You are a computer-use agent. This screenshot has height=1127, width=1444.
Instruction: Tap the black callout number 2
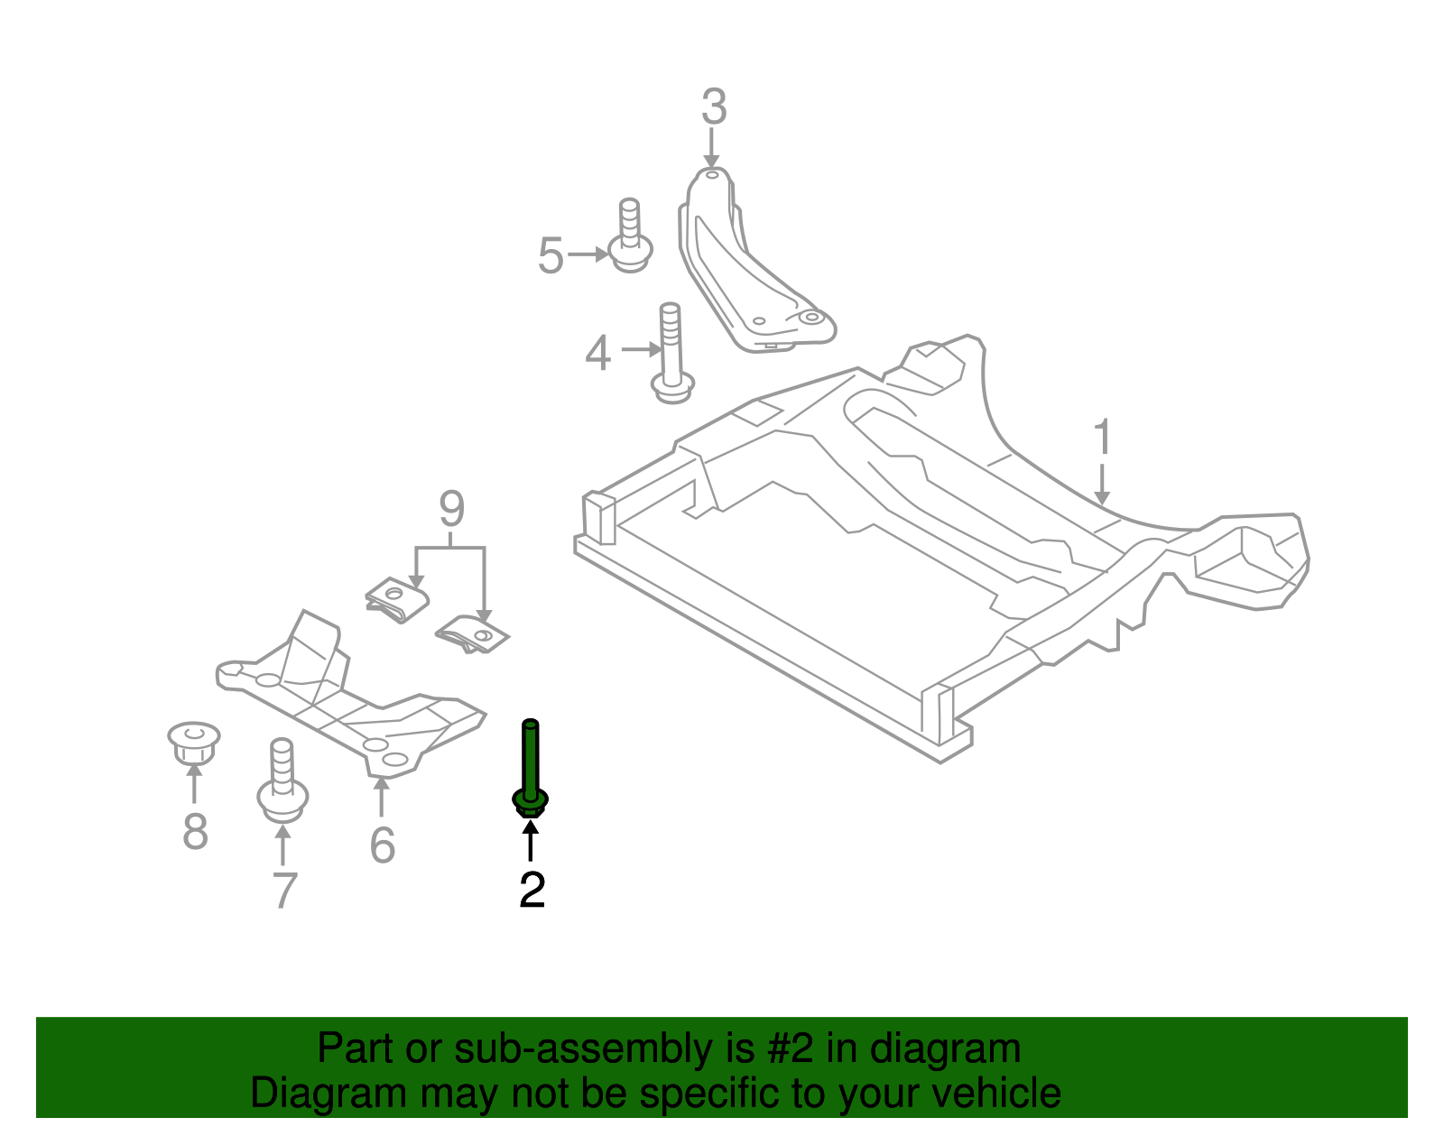coord(532,891)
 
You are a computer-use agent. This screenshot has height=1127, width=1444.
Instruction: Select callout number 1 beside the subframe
coord(1102,438)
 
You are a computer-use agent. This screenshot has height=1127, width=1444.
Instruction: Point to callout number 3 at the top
coord(713,107)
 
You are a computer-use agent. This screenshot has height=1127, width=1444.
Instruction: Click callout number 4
coord(597,353)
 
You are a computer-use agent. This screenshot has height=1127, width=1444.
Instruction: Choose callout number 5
coord(551,255)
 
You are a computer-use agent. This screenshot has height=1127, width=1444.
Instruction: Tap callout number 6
coord(383,845)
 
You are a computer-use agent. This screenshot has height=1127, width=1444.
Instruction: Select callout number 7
coord(284,891)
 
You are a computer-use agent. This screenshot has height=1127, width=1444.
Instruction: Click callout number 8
coord(195,831)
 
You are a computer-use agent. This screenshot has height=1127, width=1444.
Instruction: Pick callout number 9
coord(451,510)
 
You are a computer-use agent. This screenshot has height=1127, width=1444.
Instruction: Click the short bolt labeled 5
coord(631,236)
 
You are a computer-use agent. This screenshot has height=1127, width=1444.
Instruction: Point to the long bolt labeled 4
coord(671,356)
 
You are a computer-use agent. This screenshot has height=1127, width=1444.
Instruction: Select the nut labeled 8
coord(193,742)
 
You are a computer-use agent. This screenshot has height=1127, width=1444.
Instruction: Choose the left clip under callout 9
coord(398,599)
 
